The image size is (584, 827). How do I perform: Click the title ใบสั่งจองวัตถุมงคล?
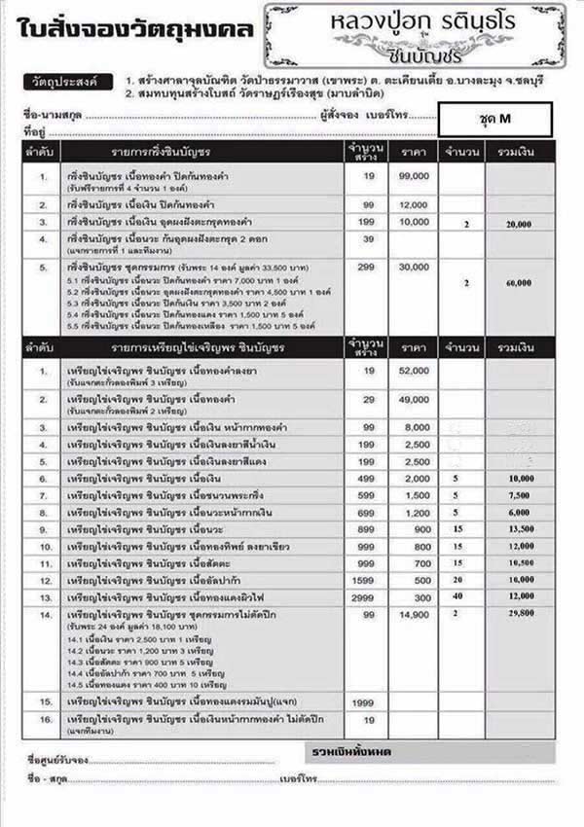tap(135, 29)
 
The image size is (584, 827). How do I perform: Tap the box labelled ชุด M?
tap(495, 120)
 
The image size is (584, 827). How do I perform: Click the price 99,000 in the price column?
tap(413, 175)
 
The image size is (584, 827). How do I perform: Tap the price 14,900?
tap(413, 616)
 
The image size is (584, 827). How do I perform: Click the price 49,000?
tap(413, 400)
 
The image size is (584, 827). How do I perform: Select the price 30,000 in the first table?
tap(413, 266)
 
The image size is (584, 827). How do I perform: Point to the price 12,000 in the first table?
tap(413, 204)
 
